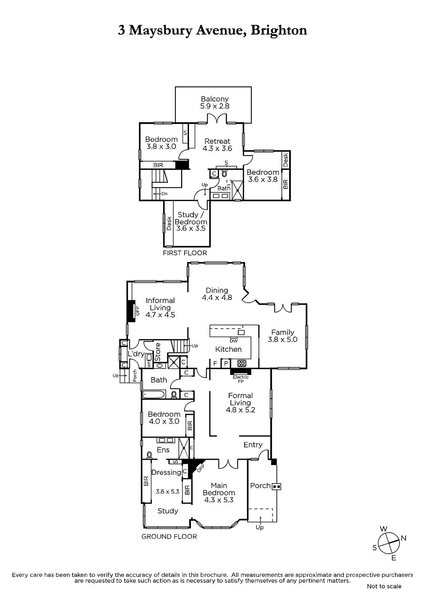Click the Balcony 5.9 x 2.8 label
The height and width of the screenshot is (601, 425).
(215, 103)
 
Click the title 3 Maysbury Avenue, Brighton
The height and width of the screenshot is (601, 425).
(212, 30)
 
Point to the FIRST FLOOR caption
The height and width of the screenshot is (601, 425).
(185, 253)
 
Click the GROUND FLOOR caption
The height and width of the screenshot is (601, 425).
(169, 537)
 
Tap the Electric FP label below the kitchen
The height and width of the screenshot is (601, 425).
(241, 379)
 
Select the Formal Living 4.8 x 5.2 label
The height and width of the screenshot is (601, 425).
(240, 403)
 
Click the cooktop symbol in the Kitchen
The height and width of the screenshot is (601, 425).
(241, 363)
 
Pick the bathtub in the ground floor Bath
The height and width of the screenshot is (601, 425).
(154, 394)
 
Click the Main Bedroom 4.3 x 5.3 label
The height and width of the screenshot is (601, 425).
(219, 492)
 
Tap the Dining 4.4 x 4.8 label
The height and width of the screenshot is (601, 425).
(217, 294)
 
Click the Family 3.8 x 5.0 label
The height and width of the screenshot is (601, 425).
(283, 336)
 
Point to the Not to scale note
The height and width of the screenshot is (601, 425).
(384, 586)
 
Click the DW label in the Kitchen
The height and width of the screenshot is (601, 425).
(233, 341)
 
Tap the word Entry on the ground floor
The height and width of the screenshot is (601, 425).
(253, 445)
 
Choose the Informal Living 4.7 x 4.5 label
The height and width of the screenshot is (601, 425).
(160, 308)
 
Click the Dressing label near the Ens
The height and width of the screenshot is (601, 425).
(166, 473)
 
